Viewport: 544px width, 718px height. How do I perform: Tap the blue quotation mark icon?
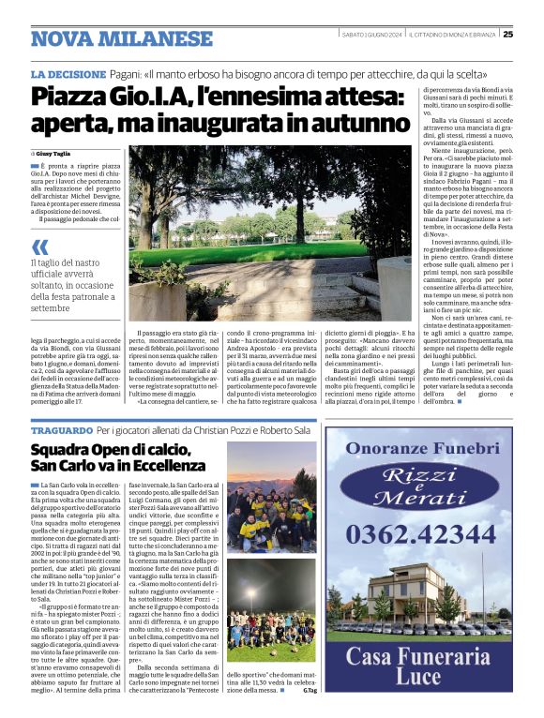[x=39, y=247]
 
